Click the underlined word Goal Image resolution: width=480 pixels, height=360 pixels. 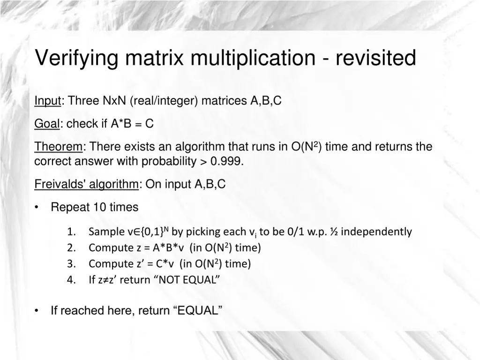pyautogui.click(x=47, y=124)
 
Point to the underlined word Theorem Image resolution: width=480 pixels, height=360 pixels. pyautogui.click(x=59, y=147)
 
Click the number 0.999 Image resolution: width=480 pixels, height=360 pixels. pyautogui.click(x=226, y=162)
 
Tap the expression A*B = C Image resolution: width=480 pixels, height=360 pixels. pyautogui.click(x=132, y=124)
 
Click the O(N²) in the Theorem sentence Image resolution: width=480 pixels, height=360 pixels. pyautogui.click(x=307, y=147)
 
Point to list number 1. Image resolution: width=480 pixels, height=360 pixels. pyautogui.click(x=71, y=232)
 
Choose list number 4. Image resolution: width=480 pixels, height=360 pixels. pyautogui.click(x=71, y=280)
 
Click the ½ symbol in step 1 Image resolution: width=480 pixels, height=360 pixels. pyautogui.click(x=334, y=232)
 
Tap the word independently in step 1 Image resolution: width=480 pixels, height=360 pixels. pyautogui.click(x=377, y=232)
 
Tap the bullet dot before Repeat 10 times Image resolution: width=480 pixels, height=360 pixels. pyautogui.click(x=37, y=207)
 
